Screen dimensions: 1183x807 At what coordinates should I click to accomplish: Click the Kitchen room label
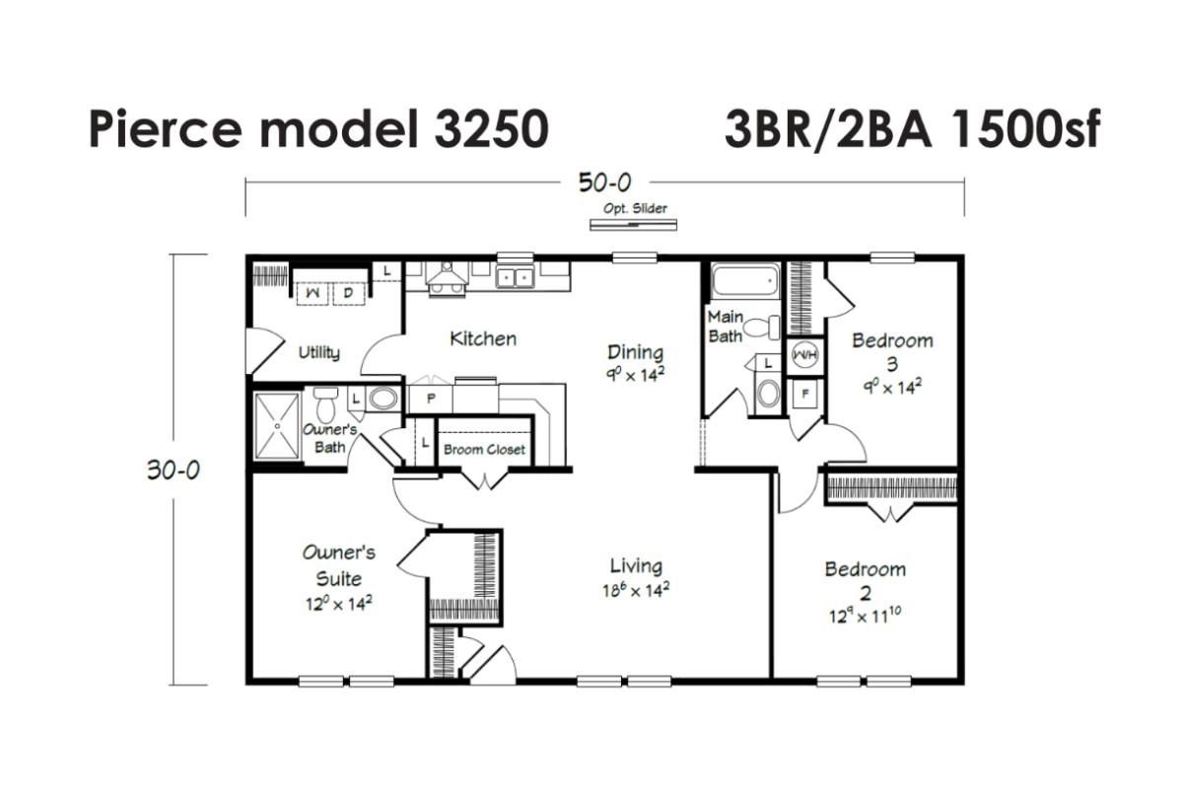click(483, 338)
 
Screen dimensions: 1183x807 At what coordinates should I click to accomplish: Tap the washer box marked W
click(313, 294)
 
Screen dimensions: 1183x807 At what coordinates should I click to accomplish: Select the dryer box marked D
click(347, 294)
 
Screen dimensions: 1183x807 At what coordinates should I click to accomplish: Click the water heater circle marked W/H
click(804, 355)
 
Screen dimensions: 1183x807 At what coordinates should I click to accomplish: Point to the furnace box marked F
click(804, 394)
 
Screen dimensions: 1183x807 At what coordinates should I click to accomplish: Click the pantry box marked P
click(431, 399)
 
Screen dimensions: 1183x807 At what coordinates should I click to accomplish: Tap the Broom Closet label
click(484, 450)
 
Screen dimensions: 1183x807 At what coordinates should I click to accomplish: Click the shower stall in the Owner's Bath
click(277, 425)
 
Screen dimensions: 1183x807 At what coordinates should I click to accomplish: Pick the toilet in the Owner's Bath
click(325, 404)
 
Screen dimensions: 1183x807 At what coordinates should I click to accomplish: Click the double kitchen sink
click(515, 277)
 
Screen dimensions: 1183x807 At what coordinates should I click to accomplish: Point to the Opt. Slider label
click(635, 209)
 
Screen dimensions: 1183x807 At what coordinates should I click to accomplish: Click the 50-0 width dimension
click(604, 183)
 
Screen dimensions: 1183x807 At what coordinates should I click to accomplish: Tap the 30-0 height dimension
click(174, 470)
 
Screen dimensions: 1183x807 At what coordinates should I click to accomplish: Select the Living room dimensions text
click(636, 590)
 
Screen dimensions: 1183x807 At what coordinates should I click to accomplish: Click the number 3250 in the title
click(492, 129)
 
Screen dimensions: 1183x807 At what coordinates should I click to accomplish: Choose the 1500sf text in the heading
click(1024, 129)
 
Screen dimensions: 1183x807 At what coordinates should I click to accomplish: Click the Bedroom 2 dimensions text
click(866, 616)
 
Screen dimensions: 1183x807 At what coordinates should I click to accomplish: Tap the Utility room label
click(319, 352)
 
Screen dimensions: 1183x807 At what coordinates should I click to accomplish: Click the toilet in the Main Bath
click(761, 328)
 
